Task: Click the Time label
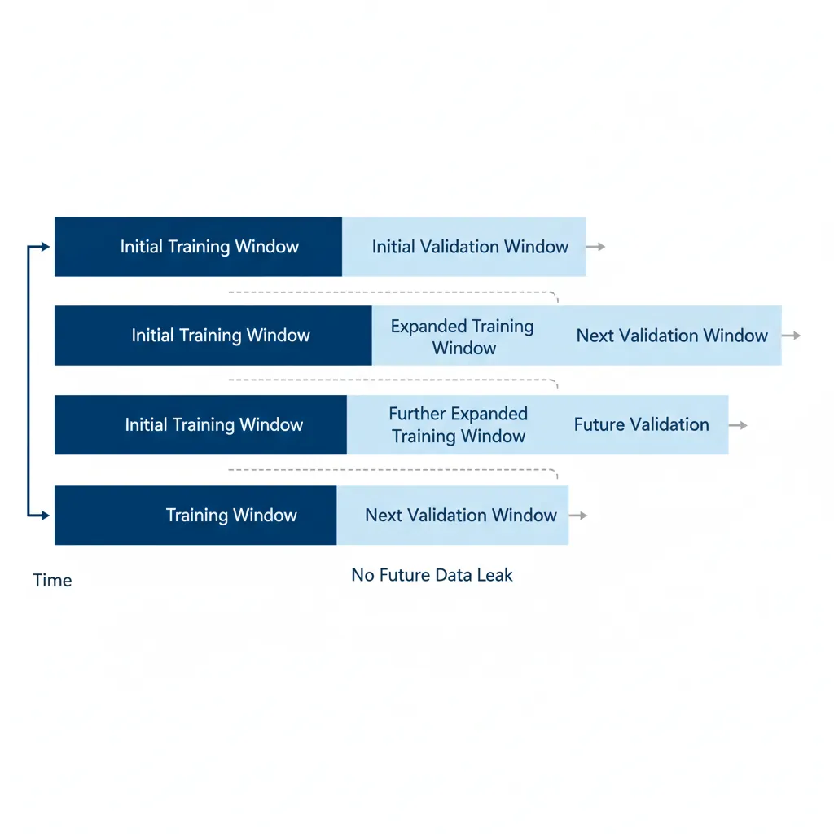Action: click(52, 581)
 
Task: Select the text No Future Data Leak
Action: click(432, 575)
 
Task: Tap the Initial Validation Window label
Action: click(470, 247)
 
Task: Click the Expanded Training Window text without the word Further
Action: click(463, 336)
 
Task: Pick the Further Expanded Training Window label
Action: click(459, 424)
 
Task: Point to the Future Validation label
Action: click(641, 424)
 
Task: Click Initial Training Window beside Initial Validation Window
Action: click(209, 247)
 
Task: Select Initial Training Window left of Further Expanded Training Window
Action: click(213, 424)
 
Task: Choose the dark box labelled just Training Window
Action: click(231, 515)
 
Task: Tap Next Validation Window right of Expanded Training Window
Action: click(672, 336)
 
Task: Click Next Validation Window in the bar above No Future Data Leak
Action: click(461, 515)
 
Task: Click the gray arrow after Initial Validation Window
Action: click(597, 247)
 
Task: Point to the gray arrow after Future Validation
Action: click(739, 425)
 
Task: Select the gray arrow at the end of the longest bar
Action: click(792, 336)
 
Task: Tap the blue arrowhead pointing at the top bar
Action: click(46, 247)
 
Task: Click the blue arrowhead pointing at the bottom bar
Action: click(46, 515)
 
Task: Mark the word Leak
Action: click(496, 575)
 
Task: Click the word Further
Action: click(418, 414)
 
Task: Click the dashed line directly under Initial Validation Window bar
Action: click(391, 292)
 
